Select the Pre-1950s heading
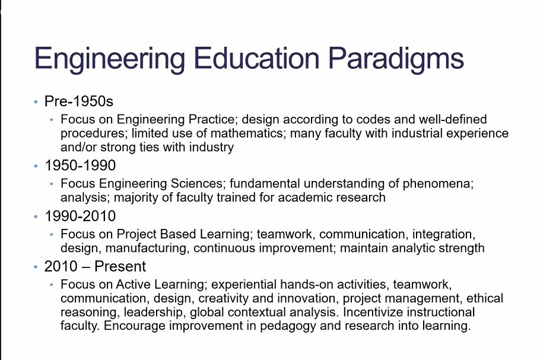pyautogui.click(x=78, y=101)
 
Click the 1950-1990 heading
pyautogui.click(x=80, y=165)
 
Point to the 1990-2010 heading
pyautogui.click(x=80, y=216)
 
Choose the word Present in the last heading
pyautogui.click(x=120, y=266)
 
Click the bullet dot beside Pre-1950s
pyautogui.click(x=36, y=101)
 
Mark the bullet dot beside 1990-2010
pyautogui.click(x=36, y=216)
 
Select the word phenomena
pyautogui.click(x=438, y=184)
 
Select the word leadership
pyautogui.click(x=153, y=312)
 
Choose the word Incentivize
pyautogui.click(x=373, y=312)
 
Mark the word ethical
pyautogui.click(x=485, y=298)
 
